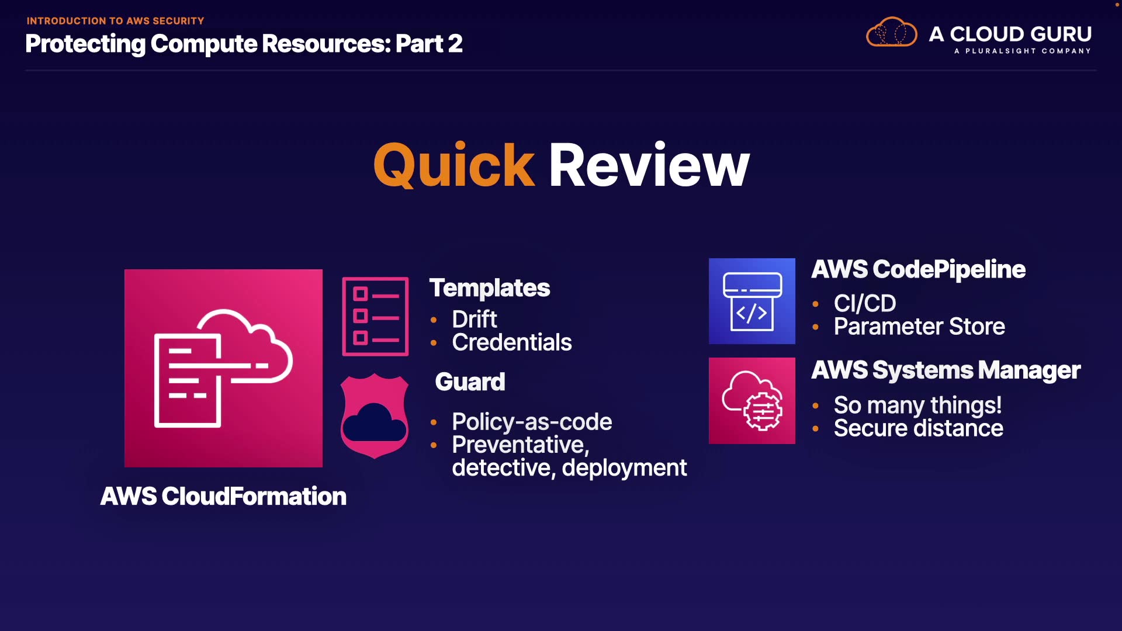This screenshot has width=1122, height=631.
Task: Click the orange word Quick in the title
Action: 453,166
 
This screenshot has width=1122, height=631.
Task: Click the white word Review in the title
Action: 649,166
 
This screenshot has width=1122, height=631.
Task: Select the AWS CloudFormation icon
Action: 223,368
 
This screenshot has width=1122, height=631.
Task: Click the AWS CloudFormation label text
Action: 223,497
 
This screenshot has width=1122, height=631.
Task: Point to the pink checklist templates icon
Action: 375,316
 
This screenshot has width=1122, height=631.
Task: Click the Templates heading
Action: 490,288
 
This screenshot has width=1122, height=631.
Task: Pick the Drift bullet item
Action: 474,320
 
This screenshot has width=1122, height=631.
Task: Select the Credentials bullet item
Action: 511,342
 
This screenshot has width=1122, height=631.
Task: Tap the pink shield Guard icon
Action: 375,416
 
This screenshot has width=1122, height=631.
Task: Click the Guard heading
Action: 470,382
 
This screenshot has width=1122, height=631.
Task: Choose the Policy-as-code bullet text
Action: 532,422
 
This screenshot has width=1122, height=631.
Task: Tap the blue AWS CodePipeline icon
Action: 752,301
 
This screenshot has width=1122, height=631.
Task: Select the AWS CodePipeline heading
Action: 918,269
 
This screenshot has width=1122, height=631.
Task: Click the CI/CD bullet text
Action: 864,303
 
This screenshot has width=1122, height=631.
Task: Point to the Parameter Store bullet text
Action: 919,327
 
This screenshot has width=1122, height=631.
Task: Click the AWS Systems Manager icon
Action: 752,401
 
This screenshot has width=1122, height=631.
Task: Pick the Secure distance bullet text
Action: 918,428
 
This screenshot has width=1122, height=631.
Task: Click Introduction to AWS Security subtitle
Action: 115,21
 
